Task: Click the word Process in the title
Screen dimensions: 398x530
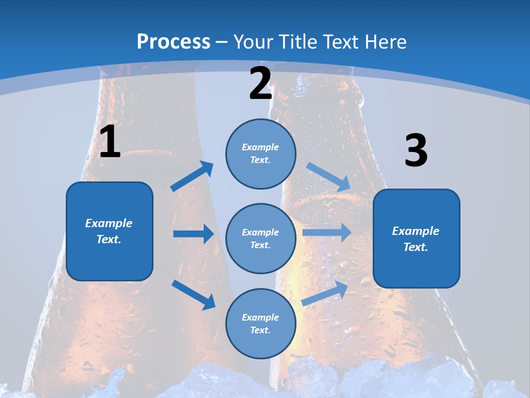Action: click(x=173, y=41)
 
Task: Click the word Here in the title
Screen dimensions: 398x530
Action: click(x=384, y=41)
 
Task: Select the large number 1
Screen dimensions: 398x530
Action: click(x=110, y=142)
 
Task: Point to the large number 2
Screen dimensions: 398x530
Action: click(x=261, y=84)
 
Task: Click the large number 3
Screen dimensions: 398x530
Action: click(x=416, y=151)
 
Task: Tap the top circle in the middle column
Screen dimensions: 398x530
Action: click(x=261, y=154)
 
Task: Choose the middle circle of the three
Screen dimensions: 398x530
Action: click(x=261, y=238)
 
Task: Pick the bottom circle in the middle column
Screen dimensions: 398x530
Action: click(x=261, y=323)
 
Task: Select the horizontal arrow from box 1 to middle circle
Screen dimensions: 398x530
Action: click(x=193, y=234)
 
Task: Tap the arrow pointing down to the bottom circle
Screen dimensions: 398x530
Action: click(x=193, y=294)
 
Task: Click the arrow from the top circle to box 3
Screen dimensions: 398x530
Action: click(x=328, y=177)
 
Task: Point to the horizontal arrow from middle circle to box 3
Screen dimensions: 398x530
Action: click(x=327, y=232)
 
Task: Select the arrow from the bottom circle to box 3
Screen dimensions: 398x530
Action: click(x=325, y=294)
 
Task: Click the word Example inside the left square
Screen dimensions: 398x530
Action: click(x=109, y=223)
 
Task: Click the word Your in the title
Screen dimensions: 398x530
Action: click(x=253, y=41)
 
